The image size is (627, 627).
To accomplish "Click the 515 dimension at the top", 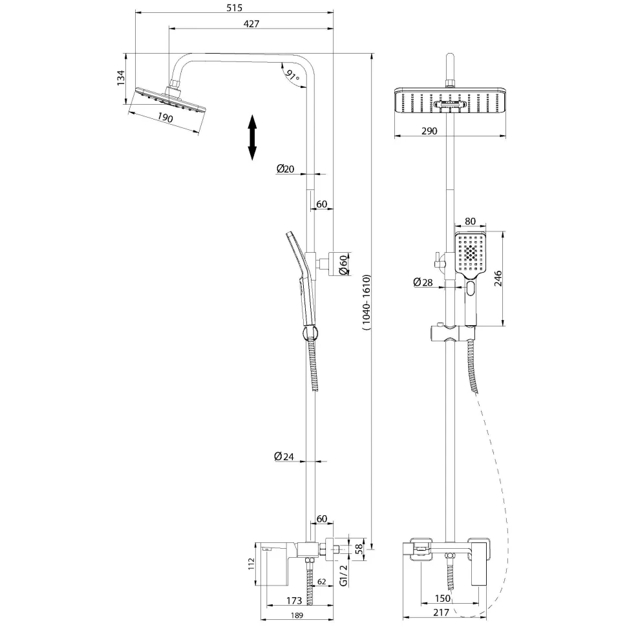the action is [x=235, y=8].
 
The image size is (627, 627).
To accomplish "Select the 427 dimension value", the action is [x=251, y=23].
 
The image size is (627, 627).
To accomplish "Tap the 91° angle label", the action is [x=292, y=75].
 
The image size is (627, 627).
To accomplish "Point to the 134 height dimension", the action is [x=121, y=78].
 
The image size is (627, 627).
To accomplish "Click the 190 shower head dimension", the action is [x=165, y=118].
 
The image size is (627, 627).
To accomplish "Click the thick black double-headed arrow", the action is [x=252, y=138].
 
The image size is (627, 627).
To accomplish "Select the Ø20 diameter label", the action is [x=285, y=169].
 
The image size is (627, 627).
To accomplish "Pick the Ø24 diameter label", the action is [x=284, y=456].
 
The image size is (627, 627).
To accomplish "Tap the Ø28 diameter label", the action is [x=423, y=282].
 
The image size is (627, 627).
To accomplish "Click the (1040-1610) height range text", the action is [x=367, y=303].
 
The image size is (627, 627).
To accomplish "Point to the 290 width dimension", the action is [x=429, y=131].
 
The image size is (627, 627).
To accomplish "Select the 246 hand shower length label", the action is [x=498, y=279].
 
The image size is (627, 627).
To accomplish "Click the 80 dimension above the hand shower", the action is [x=471, y=221].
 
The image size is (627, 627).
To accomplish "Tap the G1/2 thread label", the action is [x=343, y=575].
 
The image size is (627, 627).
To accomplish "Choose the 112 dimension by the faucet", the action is [x=251, y=564].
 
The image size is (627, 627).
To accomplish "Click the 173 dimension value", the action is [x=294, y=600].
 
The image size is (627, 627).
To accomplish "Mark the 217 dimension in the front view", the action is [x=441, y=612].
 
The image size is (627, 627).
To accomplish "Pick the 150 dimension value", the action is [x=443, y=598].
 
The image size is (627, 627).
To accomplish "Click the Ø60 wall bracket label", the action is [x=343, y=264].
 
